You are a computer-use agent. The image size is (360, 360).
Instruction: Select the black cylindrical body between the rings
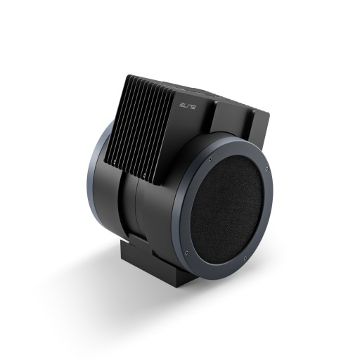pos(155,211)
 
